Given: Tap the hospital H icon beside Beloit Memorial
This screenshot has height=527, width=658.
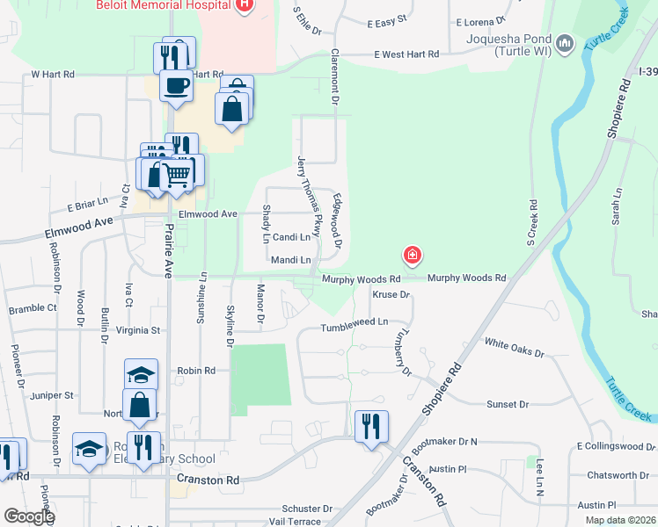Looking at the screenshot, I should coord(245,5).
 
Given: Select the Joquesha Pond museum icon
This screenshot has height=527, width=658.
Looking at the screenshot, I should coord(565,42).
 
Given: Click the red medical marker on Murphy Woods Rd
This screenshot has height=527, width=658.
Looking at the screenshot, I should coord(411,256).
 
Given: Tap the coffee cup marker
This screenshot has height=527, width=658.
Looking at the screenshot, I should coord(176,85).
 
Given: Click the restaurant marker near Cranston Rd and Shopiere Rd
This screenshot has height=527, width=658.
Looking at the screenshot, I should coord(370,427).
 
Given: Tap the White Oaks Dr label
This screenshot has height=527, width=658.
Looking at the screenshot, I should coord(514,346).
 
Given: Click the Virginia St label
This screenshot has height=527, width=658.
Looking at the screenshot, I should coord(139,331).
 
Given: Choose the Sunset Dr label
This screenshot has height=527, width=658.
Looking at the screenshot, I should coord(507,405).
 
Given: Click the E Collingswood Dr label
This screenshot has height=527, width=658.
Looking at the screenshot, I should coord(617,446).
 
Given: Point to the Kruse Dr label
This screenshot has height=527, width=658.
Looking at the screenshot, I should coord(391,295).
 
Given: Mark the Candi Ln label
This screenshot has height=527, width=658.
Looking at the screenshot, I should coord(291,237).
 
